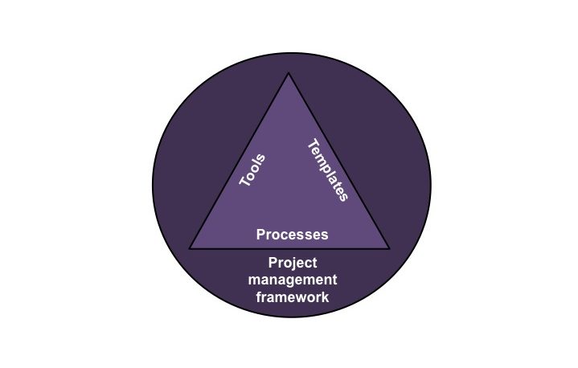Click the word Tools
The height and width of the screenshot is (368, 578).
252,170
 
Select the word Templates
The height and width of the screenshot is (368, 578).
328,170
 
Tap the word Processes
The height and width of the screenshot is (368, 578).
292,235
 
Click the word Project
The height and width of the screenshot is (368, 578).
293,264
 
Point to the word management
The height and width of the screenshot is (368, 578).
293,280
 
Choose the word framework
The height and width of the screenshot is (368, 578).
293,297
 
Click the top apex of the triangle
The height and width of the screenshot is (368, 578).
289,73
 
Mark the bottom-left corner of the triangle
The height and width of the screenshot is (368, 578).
190,249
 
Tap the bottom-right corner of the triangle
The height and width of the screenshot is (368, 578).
388,249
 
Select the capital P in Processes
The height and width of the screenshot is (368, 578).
260,235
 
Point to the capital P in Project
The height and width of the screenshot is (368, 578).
273,263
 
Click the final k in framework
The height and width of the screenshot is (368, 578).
325,297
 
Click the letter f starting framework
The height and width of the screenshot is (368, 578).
259,297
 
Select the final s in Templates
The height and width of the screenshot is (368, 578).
343,197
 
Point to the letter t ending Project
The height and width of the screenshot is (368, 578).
314,264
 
